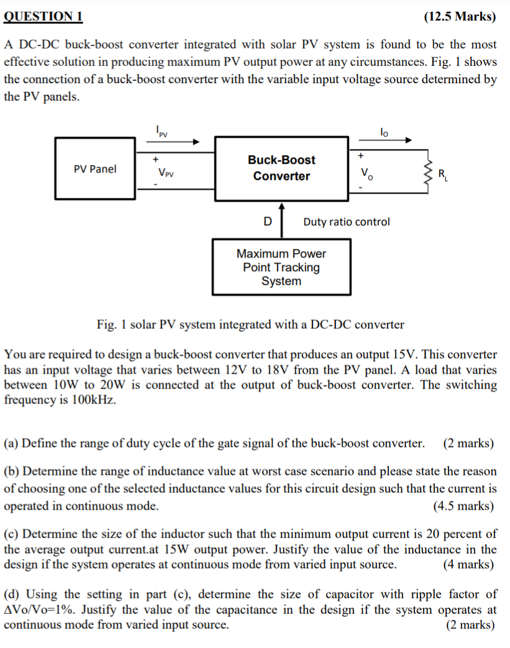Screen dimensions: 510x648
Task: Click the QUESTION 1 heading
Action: [43, 17]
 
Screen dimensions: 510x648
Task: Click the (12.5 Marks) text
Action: [460, 17]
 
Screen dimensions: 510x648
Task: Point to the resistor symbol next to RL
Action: [429, 171]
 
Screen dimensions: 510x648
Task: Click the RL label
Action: [442, 175]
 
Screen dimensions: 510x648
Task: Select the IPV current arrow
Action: [173, 142]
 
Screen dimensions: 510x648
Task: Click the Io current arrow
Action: [385, 140]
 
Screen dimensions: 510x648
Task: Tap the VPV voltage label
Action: [166, 173]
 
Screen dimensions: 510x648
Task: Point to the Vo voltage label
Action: [367, 173]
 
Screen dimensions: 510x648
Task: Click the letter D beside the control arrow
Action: [268, 222]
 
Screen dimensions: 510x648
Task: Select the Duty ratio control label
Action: [347, 222]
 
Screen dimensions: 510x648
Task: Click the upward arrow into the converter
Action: [281, 220]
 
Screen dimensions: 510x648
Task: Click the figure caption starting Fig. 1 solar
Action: [251, 325]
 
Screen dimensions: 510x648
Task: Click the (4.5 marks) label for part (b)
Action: [463, 506]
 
